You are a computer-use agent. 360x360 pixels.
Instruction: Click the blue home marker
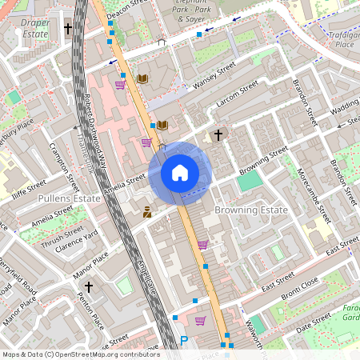point(180,172)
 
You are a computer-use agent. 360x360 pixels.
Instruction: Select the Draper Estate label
point(35,29)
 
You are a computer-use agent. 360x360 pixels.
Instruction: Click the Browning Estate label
point(250,210)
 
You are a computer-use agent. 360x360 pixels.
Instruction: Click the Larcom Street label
point(237,94)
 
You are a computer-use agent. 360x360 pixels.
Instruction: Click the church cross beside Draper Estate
point(68,29)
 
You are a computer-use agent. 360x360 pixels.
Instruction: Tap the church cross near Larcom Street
point(218,135)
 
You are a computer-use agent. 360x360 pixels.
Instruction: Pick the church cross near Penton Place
point(89,286)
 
